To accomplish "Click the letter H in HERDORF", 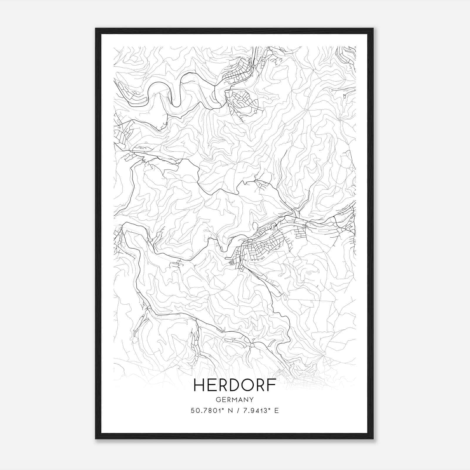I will click(199, 385).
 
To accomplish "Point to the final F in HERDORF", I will click(272, 385).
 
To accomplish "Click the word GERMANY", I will click(235, 399).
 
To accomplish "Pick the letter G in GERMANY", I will click(218, 399).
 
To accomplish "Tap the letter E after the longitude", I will click(276, 410).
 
